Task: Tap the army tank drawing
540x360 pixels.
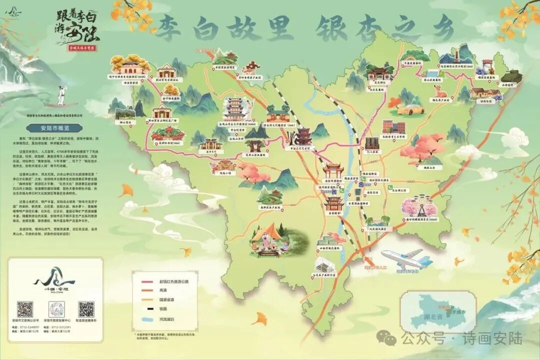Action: click(x=510, y=76)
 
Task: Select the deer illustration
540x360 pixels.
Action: click(x=439, y=91)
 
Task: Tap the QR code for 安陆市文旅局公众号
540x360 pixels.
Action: click(x=25, y=309)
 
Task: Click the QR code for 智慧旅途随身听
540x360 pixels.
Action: click(x=86, y=309)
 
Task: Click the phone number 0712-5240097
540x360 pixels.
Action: click(x=30, y=327)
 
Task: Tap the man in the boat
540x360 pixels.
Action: click(x=60, y=95)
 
